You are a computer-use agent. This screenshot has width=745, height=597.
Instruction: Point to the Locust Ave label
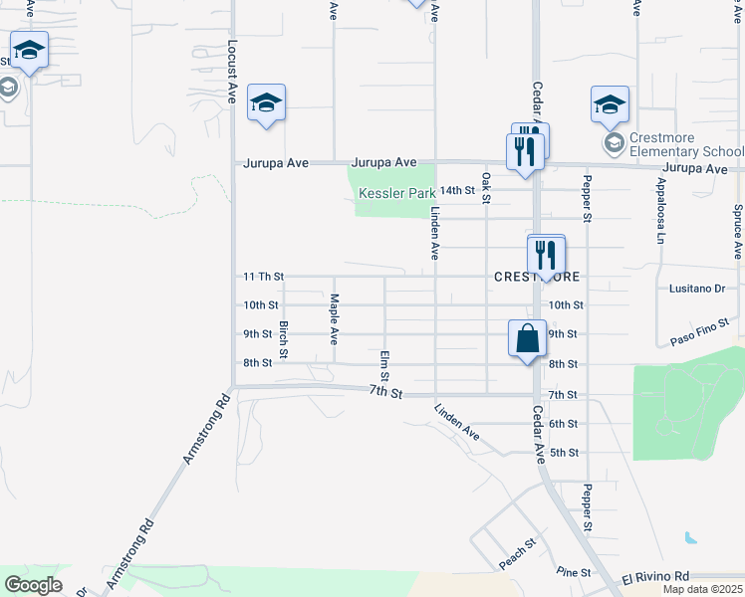click(x=233, y=72)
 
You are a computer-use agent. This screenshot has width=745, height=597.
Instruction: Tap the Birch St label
click(x=284, y=339)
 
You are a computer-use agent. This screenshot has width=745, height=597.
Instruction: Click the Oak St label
click(x=486, y=188)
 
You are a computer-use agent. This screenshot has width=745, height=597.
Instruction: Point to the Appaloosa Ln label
click(x=659, y=218)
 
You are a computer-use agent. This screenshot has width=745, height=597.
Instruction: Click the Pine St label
click(x=574, y=572)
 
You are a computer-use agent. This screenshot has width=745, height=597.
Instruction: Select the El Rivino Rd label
click(x=655, y=576)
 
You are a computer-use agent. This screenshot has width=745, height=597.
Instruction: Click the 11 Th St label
click(x=264, y=276)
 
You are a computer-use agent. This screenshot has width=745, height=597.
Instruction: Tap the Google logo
click(x=34, y=585)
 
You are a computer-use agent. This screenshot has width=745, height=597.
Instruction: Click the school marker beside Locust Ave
click(x=267, y=103)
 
